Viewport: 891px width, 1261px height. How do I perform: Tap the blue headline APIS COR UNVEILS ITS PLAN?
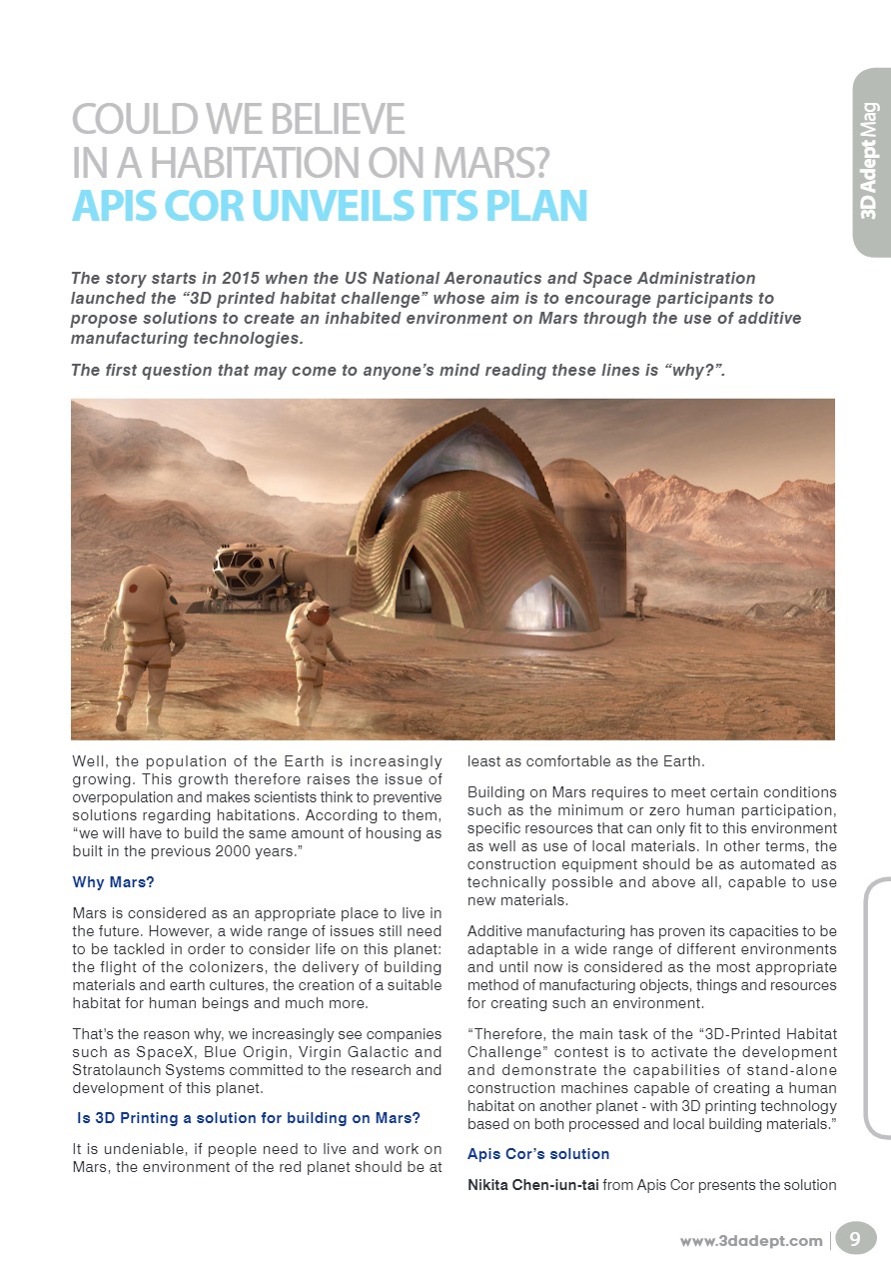(329, 204)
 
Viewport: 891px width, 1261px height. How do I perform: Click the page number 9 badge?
(854, 1240)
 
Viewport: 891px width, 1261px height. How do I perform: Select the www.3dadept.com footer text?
(751, 1241)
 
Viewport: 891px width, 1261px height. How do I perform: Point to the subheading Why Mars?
(114, 882)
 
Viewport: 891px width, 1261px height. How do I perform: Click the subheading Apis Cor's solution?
(538, 1154)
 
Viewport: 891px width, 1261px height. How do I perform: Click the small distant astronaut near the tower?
(638, 601)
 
